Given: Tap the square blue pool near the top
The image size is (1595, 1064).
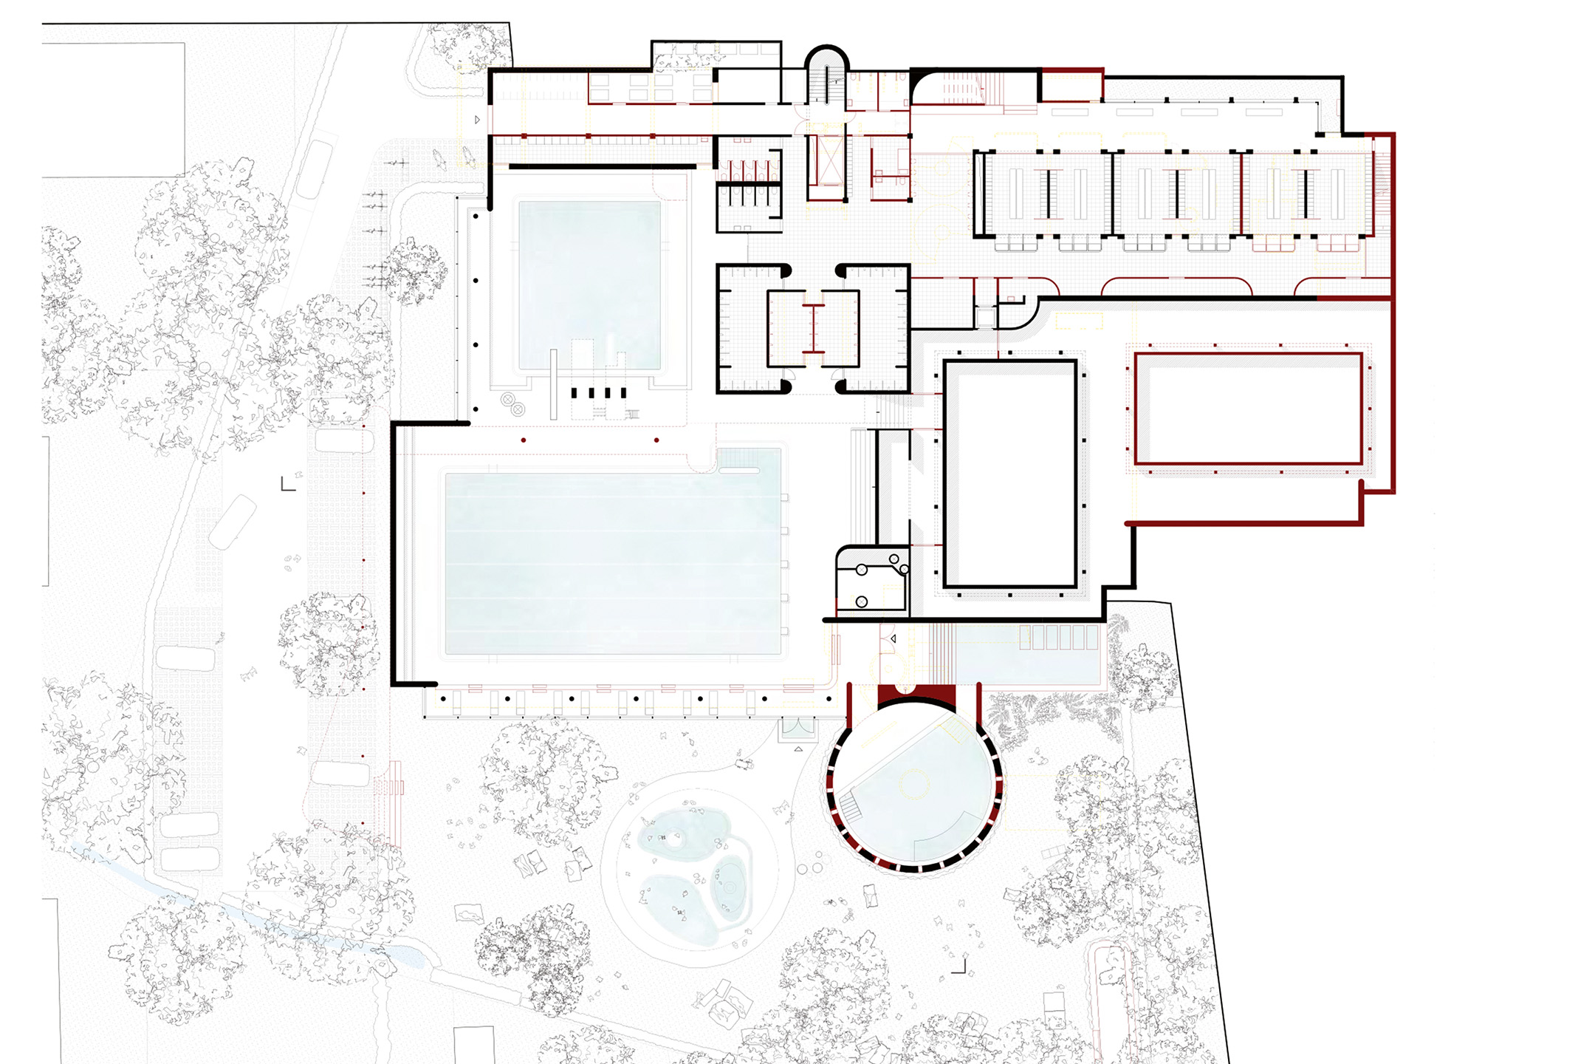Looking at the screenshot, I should click(589, 284).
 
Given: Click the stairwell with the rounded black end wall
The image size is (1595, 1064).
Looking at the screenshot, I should click(826, 74).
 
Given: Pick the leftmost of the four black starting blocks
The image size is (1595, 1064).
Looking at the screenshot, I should click(574, 393).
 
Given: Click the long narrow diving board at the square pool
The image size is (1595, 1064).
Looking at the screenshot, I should click(554, 384).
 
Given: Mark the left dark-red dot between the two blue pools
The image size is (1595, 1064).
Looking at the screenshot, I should click(524, 440).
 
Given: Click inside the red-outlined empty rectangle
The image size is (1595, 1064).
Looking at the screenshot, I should click(1248, 409).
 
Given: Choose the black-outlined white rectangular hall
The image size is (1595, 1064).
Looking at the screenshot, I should click(1010, 474).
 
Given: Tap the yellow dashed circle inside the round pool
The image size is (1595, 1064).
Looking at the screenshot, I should click(913, 783).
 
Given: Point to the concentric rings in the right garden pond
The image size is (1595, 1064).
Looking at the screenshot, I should click(730, 887).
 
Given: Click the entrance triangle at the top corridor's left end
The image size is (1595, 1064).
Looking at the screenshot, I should click(478, 120).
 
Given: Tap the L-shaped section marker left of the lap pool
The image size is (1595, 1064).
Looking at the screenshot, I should click(288, 484).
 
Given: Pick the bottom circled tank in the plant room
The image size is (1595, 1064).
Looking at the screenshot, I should click(862, 602).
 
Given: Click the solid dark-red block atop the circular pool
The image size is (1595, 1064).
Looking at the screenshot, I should click(916, 695).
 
